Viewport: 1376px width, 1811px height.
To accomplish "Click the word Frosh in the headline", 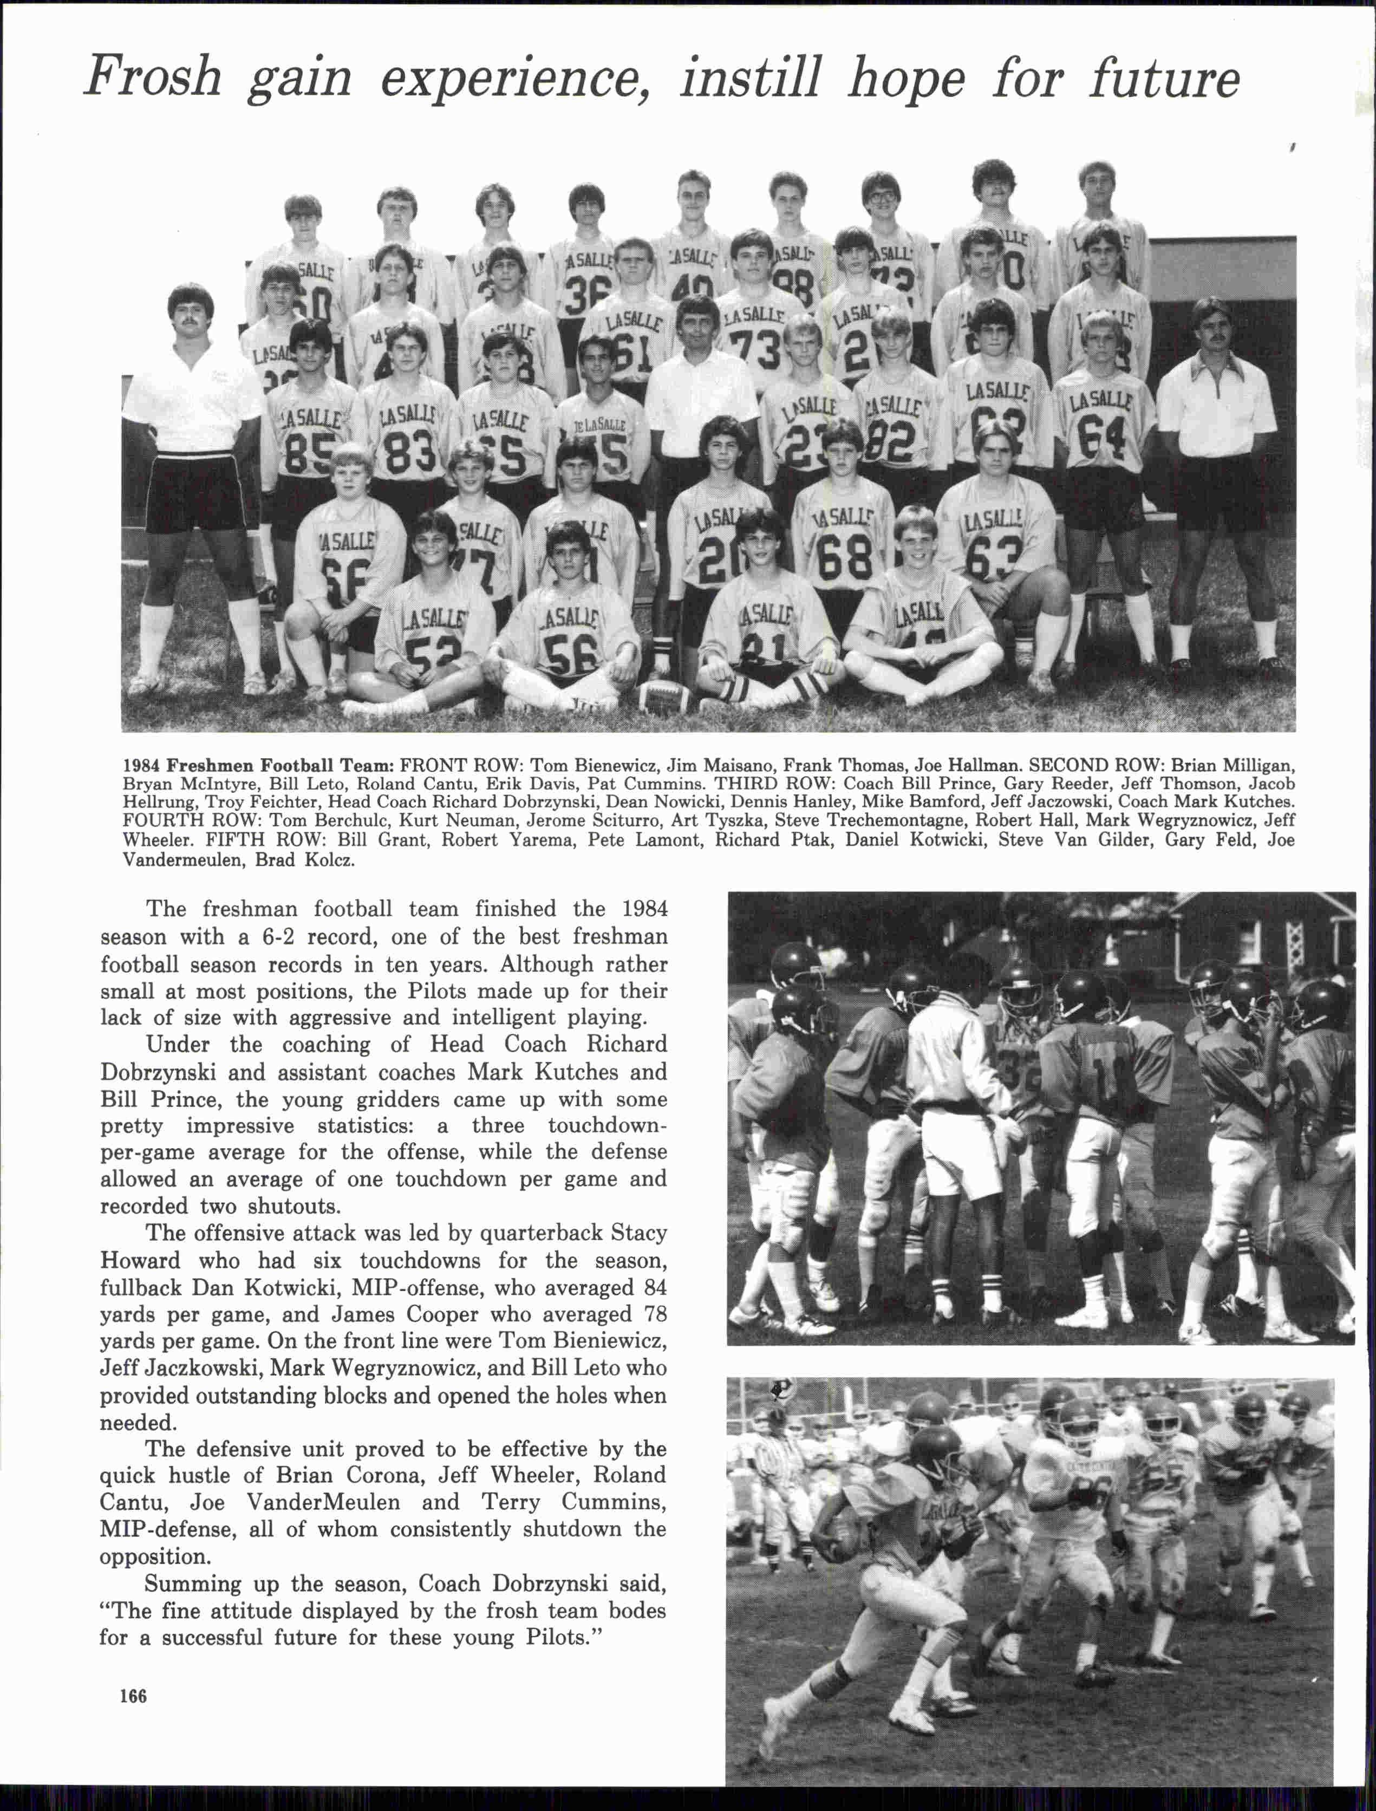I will [x=153, y=78].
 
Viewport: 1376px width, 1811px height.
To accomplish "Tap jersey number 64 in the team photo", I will [x=1101, y=438].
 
